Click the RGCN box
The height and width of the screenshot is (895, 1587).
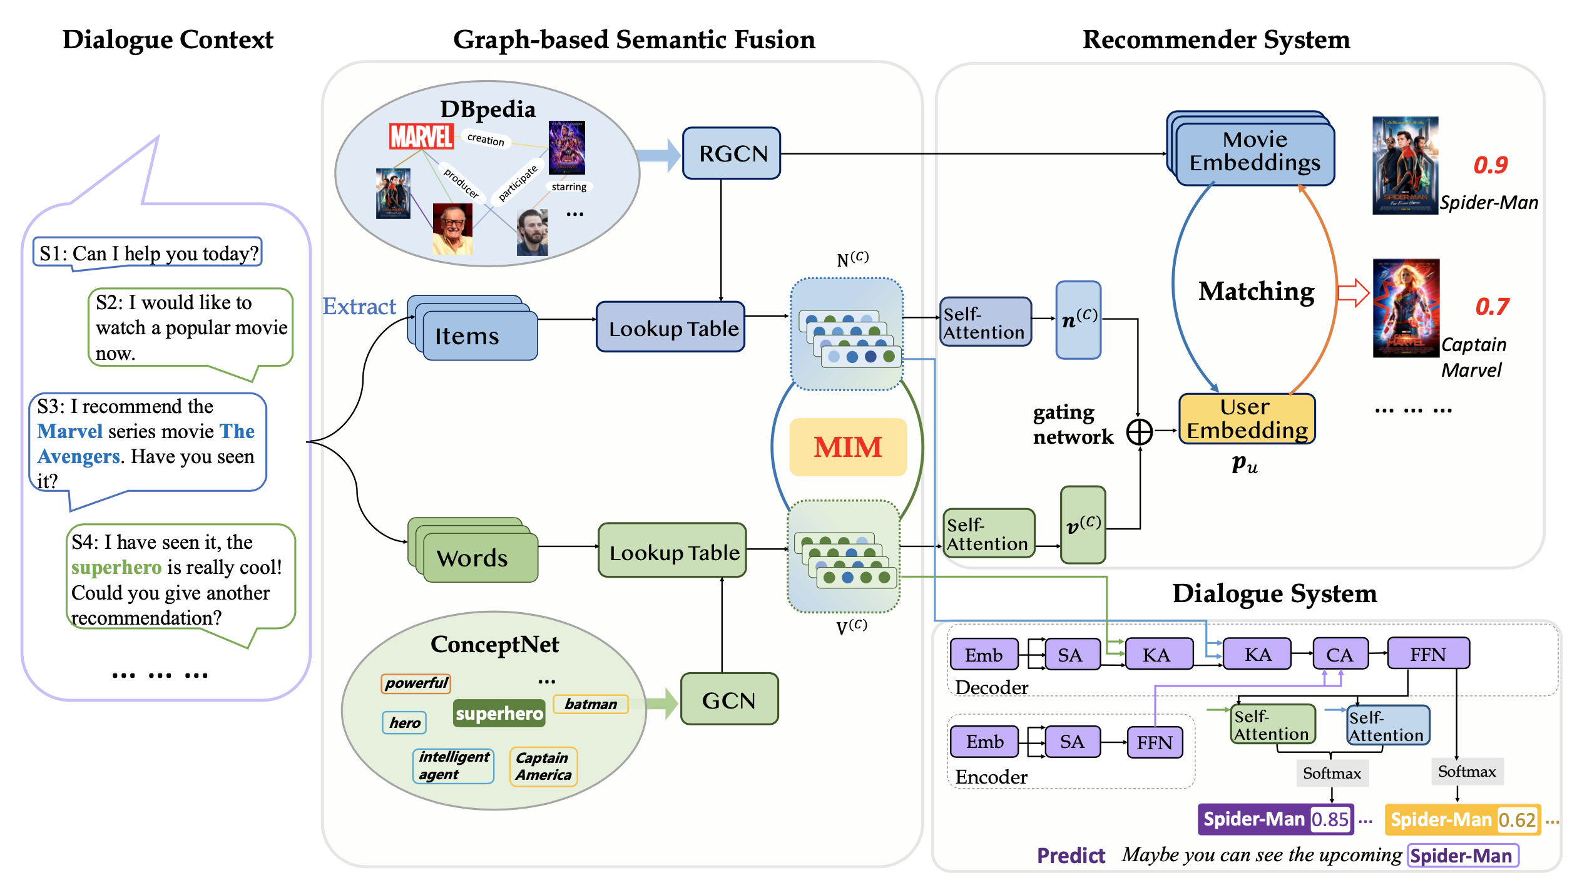click(x=731, y=153)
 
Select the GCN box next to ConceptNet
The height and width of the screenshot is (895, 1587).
click(x=729, y=700)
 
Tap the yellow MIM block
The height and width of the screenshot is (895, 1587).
click(x=847, y=447)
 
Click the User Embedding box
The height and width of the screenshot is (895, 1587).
click(x=1247, y=419)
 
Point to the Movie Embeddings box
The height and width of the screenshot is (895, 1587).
click(x=1254, y=152)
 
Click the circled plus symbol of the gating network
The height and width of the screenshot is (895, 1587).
click(x=1140, y=431)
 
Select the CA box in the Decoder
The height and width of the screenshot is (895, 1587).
click(x=1339, y=655)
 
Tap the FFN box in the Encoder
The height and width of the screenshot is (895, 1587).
click(x=1155, y=742)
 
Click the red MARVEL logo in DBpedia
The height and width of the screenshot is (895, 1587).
click(x=421, y=136)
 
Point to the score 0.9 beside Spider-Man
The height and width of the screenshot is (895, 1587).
click(x=1490, y=165)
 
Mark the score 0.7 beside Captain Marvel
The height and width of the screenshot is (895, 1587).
click(x=1492, y=307)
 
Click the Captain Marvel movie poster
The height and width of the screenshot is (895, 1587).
click(x=1406, y=309)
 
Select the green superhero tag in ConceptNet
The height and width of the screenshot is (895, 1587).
click(x=499, y=713)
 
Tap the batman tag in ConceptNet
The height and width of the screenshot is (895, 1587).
click(x=590, y=704)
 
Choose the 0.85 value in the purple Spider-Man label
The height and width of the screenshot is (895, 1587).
click(x=1330, y=820)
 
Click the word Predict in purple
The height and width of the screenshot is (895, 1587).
click(x=1071, y=856)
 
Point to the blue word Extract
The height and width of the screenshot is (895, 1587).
click(x=359, y=307)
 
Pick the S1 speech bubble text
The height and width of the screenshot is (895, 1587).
click(x=148, y=253)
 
